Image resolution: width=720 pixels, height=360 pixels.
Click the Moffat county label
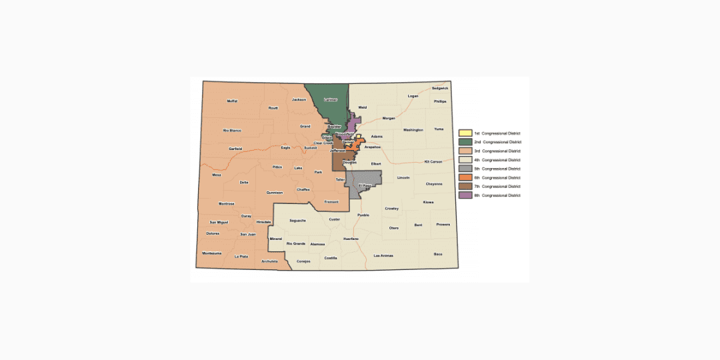tap(232, 101)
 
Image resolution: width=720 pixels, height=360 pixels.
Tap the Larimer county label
tap(330, 99)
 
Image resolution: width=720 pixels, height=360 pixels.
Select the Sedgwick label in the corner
tap(440, 88)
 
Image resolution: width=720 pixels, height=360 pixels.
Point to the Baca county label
tap(438, 254)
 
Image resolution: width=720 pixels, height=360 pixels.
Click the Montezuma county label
tap(212, 253)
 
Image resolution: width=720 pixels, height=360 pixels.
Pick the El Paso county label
tap(365, 185)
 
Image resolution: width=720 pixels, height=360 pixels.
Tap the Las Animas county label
tap(383, 256)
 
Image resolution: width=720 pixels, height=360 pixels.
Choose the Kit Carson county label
tap(433, 162)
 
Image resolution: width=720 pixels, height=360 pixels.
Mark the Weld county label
tap(363, 107)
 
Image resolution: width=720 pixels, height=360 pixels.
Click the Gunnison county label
tap(275, 193)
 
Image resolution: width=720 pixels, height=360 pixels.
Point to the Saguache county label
tap(297, 220)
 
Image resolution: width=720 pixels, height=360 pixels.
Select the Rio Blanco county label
tap(232, 130)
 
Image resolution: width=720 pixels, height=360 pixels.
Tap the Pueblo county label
tap(363, 215)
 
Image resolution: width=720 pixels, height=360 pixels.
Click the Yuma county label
tap(438, 129)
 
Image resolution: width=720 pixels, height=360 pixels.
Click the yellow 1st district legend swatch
tap(465, 133)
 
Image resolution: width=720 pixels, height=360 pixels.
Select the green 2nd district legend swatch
tap(465, 142)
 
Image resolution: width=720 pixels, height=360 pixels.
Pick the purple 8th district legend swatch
tap(465, 195)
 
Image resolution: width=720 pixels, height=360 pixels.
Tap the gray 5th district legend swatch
tap(465, 169)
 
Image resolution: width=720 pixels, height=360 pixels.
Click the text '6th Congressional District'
tap(497, 178)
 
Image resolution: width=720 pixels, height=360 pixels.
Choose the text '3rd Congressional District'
tap(497, 151)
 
